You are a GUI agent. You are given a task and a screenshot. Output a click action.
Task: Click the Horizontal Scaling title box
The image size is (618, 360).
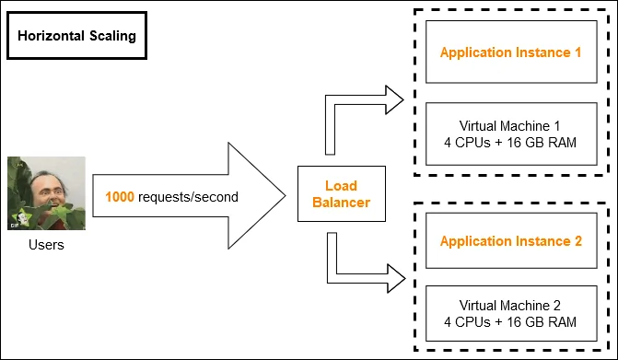(76, 36)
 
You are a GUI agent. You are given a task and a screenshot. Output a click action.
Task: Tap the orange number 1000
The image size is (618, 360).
(120, 196)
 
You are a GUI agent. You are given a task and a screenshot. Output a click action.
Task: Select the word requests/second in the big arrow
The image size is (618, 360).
(189, 197)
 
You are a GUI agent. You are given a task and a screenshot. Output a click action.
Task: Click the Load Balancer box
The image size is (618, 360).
(342, 193)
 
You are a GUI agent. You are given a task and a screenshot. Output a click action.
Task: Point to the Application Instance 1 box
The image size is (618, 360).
(511, 52)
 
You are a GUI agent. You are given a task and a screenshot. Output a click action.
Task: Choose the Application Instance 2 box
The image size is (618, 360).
(511, 240)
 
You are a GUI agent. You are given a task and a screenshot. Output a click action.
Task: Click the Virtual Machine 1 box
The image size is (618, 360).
(511, 134)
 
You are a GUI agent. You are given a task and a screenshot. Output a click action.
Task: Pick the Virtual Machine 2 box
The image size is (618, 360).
(511, 314)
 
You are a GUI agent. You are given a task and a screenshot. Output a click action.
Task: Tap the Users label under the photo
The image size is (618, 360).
(46, 245)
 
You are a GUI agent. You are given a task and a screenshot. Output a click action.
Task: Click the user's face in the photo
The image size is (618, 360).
(49, 191)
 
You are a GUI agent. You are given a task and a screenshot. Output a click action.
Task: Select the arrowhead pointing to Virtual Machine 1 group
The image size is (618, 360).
(394, 99)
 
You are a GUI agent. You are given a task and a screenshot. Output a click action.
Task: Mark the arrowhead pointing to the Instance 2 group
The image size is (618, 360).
(396, 278)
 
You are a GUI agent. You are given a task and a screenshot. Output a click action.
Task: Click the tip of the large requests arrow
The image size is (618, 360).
(286, 196)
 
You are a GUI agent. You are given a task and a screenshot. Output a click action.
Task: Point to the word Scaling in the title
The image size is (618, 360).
(112, 36)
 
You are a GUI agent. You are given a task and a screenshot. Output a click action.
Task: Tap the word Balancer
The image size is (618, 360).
(342, 203)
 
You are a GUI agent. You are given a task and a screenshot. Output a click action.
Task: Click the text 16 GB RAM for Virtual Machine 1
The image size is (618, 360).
(542, 142)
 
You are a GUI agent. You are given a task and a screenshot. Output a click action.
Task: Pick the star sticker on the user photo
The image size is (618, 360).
(21, 218)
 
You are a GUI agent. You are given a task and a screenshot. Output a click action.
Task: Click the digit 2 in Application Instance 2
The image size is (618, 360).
(577, 240)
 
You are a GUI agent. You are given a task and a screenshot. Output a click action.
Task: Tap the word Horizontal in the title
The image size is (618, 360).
(52, 36)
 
